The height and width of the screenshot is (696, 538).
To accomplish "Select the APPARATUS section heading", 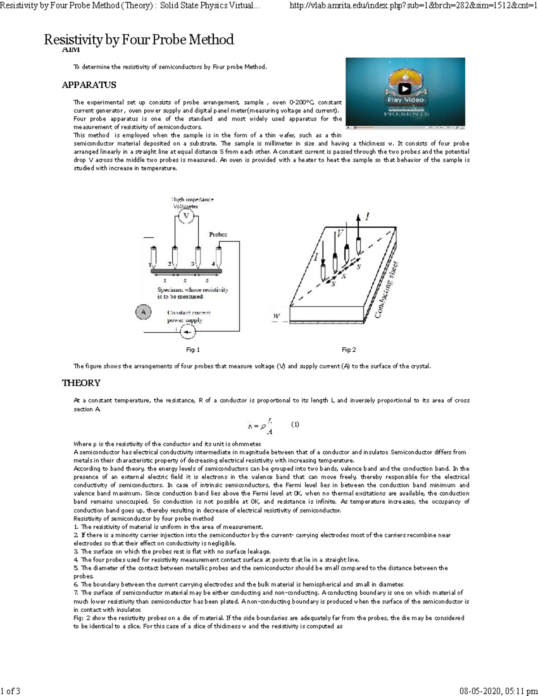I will (89, 85).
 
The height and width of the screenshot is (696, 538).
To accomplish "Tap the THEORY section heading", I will (81, 383).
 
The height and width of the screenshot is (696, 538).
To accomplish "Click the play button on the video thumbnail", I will (405, 89).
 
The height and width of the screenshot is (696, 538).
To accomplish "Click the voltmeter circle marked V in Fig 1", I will (186, 216).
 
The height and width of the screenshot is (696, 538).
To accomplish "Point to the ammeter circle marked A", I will (143, 312).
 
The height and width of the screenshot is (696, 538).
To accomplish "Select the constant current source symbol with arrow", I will (187, 332).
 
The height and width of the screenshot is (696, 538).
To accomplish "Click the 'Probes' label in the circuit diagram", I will (218, 234).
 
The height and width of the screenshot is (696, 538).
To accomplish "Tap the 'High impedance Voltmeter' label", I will (193, 203).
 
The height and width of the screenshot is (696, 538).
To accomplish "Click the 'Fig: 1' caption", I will (193, 350).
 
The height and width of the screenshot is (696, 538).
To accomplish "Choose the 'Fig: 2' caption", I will (348, 350).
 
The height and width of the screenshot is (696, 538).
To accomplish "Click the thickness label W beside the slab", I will (277, 316).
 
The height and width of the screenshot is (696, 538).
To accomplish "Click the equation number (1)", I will (295, 424).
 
